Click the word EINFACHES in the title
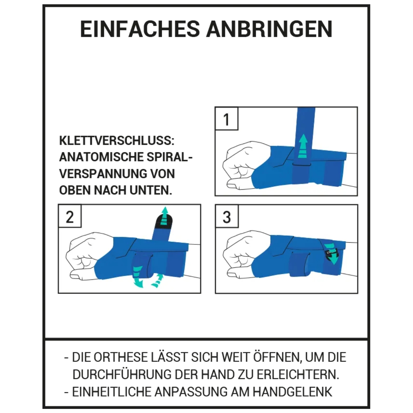140,29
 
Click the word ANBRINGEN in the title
269,29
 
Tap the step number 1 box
226,118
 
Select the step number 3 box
227,216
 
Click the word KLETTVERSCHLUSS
117,141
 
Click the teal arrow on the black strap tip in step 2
165,215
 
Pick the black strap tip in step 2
164,221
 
